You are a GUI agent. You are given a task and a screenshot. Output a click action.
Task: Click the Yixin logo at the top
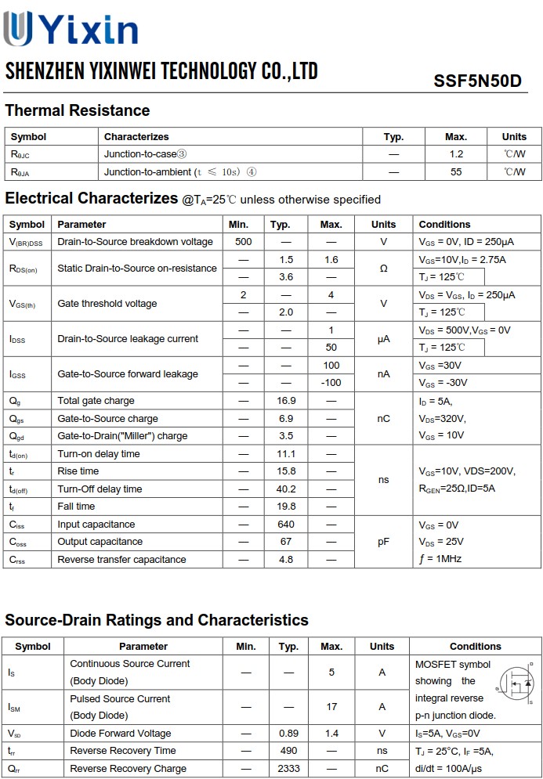(71, 30)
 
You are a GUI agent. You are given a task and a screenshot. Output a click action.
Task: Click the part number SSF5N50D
(476, 81)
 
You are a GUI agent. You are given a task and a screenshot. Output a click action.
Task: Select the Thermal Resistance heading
(77, 110)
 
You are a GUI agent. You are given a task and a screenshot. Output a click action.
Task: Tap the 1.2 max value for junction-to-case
(456, 154)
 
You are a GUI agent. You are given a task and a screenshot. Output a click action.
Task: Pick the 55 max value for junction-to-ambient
(456, 171)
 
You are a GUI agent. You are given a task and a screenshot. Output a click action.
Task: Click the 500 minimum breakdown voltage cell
(243, 242)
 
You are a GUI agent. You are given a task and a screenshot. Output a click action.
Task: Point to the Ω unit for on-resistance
(383, 268)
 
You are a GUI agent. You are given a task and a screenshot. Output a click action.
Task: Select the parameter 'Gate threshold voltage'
(107, 304)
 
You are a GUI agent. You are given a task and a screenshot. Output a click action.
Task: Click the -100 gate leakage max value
(331, 383)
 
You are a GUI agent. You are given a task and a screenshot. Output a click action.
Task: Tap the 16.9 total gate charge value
(286, 401)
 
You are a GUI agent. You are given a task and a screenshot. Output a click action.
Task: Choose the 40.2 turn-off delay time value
(286, 489)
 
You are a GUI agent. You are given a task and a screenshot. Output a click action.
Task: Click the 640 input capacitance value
(286, 525)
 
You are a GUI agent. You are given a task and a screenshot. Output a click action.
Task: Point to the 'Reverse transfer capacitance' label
(121, 560)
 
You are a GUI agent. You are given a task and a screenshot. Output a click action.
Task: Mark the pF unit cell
(383, 542)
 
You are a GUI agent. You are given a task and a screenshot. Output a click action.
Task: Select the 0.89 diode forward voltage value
(288, 734)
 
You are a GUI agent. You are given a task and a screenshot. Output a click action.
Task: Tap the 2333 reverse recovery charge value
(288, 769)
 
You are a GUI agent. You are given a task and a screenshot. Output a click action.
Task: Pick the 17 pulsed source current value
(331, 707)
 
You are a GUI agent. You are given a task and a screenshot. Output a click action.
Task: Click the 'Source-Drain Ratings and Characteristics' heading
(157, 621)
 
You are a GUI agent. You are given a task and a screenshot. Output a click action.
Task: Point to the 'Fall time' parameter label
(76, 507)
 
